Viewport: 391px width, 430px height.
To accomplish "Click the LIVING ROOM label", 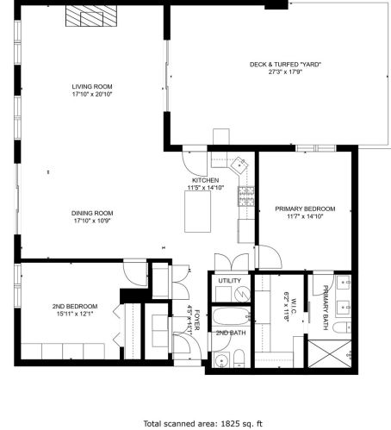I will pyautogui.click(x=92, y=86).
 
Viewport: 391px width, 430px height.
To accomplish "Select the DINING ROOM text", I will pyautogui.click(x=92, y=213).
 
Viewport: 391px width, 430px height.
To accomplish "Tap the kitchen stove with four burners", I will pyautogui.click(x=246, y=196).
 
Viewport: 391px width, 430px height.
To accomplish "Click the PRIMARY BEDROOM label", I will pyautogui.click(x=305, y=209).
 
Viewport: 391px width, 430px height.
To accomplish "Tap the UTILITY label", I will pyautogui.click(x=229, y=281).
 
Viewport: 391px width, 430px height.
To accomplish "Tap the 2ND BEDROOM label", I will pyautogui.click(x=74, y=307).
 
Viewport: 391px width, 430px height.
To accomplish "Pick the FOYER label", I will pyautogui.click(x=196, y=319).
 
